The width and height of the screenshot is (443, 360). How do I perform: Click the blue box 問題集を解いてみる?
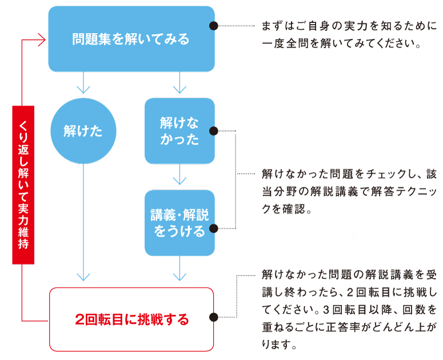click(x=131, y=39)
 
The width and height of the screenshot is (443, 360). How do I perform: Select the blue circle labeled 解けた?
click(x=83, y=131)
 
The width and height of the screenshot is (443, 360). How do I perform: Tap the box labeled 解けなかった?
click(x=179, y=131)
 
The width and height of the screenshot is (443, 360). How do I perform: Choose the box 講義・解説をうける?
click(x=179, y=223)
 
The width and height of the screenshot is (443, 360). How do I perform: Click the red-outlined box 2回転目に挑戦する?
click(x=131, y=319)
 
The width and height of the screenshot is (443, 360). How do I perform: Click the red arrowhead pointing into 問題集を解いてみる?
click(x=41, y=40)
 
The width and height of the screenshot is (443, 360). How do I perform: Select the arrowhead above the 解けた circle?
click(x=83, y=89)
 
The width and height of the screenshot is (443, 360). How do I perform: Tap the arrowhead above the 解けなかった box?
click(x=179, y=89)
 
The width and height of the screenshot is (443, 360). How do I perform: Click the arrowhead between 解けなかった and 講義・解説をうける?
click(x=179, y=181)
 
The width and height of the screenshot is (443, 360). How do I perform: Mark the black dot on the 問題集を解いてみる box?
click(x=214, y=26)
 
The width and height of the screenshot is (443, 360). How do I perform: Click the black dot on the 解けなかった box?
click(x=214, y=131)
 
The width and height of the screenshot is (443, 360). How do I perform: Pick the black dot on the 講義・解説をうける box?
click(x=214, y=229)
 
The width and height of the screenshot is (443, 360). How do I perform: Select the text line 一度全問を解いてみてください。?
click(x=341, y=44)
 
